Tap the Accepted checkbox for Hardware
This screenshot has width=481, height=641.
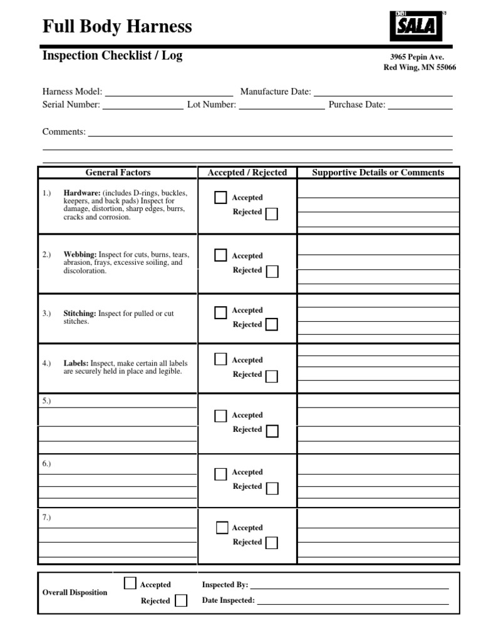(220, 198)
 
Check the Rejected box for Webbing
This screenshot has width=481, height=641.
(272, 272)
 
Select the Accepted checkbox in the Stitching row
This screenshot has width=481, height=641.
(220, 312)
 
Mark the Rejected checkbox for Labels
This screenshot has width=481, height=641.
(272, 376)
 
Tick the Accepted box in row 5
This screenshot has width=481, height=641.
(220, 416)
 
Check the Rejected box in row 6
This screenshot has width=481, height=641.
(272, 488)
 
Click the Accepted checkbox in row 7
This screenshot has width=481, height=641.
(222, 528)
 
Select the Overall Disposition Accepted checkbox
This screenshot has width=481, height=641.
(130, 583)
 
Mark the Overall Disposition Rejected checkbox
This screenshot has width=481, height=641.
(181, 601)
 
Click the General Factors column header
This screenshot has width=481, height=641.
(118, 173)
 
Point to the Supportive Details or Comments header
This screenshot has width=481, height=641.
(378, 173)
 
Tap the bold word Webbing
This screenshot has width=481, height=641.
(80, 255)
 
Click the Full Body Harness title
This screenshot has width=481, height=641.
(117, 27)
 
